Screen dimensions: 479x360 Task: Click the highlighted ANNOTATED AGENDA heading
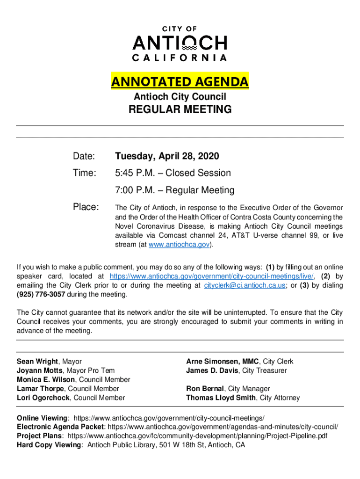[x=180, y=82]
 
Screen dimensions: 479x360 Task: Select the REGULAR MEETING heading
[x=180, y=109]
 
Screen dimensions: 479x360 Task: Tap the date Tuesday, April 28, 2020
[x=167, y=156]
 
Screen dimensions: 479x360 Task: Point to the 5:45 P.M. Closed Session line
[x=173, y=173]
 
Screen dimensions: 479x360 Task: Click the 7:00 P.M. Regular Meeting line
[x=174, y=190]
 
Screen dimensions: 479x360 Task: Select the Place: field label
[x=86, y=207]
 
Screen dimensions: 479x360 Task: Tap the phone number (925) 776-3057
[x=41, y=295]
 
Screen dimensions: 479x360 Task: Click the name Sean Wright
[x=37, y=362]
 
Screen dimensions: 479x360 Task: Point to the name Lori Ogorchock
[x=43, y=398]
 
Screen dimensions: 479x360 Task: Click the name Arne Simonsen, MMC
[x=223, y=362]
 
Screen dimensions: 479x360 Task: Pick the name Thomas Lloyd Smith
[x=221, y=398]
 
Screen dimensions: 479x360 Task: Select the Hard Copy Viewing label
[x=49, y=445]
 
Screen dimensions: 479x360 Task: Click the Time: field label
[x=84, y=173]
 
